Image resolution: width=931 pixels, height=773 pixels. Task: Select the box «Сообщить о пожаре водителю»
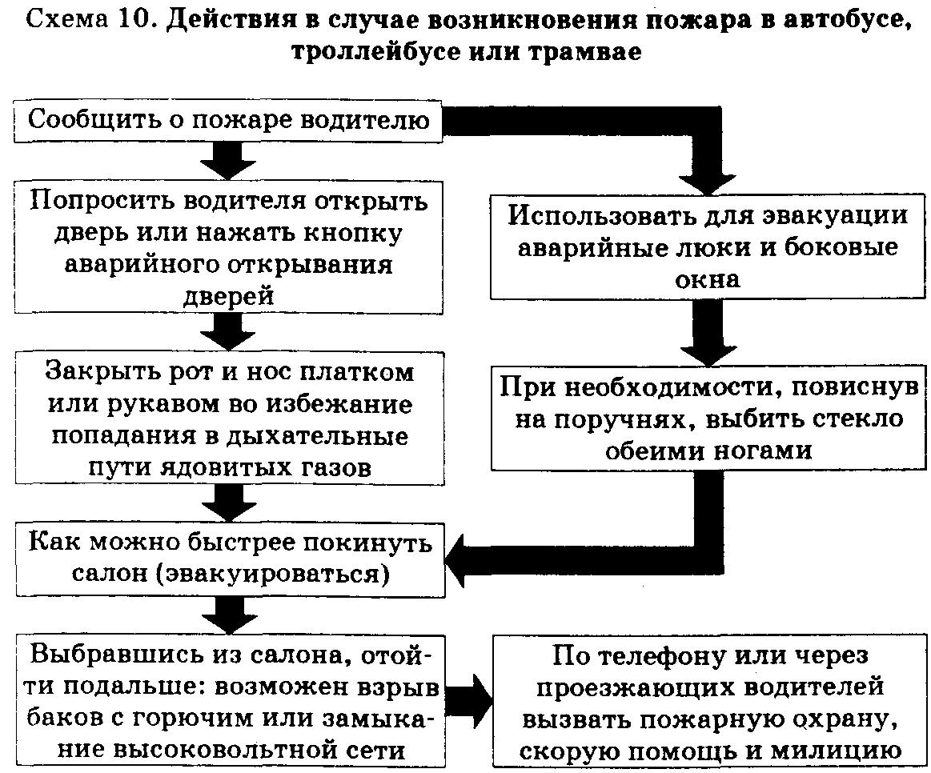point(227,121)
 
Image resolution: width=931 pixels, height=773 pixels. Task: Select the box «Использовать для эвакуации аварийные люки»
point(708,246)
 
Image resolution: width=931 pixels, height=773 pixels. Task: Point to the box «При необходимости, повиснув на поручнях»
point(708,418)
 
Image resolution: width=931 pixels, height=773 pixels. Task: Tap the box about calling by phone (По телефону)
point(708,701)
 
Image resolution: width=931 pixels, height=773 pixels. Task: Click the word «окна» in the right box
point(708,279)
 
